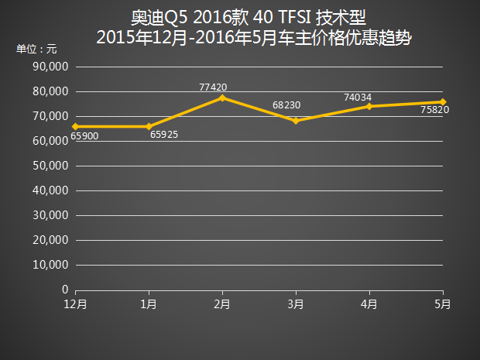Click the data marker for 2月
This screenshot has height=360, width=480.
coord(222,98)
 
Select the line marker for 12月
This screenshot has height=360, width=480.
coord(75,126)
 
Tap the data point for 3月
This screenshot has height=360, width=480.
coord(296,121)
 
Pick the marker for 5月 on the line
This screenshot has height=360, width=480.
coord(443,101)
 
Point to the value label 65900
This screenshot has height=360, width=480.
coord(84,136)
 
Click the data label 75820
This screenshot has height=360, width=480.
coord(434,110)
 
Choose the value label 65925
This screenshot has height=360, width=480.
coord(165,135)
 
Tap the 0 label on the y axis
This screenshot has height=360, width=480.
coord(65,290)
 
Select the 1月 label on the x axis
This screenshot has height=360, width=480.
coord(149,304)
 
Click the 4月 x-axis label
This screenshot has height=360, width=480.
coord(369,304)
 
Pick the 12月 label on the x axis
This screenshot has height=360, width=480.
coord(75,304)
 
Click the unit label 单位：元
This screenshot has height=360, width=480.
coord(36,48)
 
